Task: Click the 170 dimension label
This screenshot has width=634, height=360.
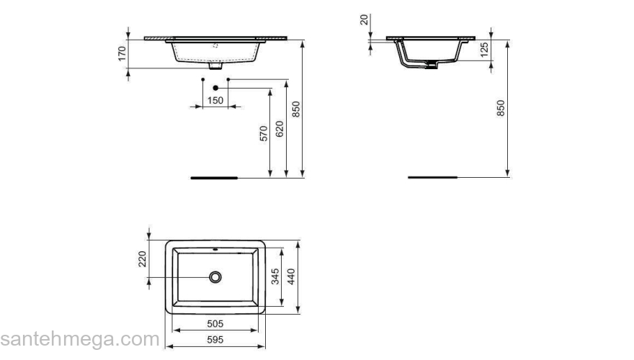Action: [123, 53]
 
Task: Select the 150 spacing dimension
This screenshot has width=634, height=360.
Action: [215, 101]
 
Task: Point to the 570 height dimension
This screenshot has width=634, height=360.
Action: [264, 133]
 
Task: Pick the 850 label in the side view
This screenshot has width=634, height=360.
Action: [501, 108]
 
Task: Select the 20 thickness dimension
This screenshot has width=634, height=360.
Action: [365, 19]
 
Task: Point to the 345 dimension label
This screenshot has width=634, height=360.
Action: [274, 276]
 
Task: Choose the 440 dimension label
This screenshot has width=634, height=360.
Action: [291, 276]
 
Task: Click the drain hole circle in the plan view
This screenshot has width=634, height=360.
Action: [215, 276]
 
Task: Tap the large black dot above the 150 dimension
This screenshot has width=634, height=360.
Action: [215, 88]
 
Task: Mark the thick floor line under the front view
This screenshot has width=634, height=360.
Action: [213, 176]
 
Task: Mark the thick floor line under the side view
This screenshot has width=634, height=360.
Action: [432, 176]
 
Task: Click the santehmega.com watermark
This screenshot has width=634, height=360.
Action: [79, 338]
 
